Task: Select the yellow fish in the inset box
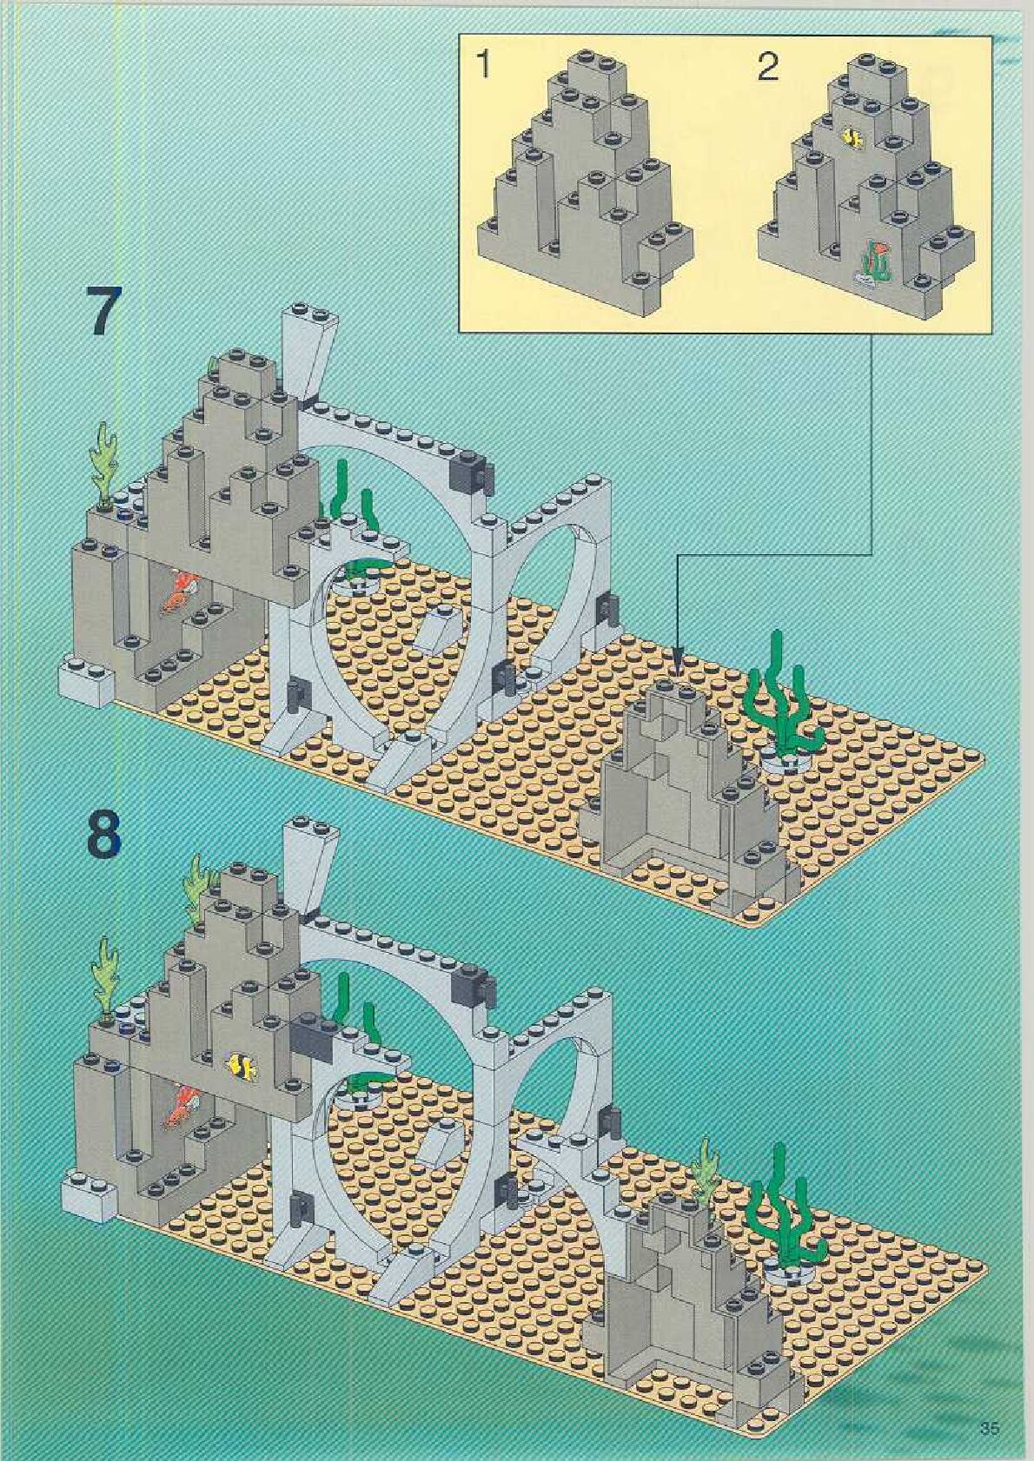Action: click(x=852, y=137)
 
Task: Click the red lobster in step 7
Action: click(x=179, y=592)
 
